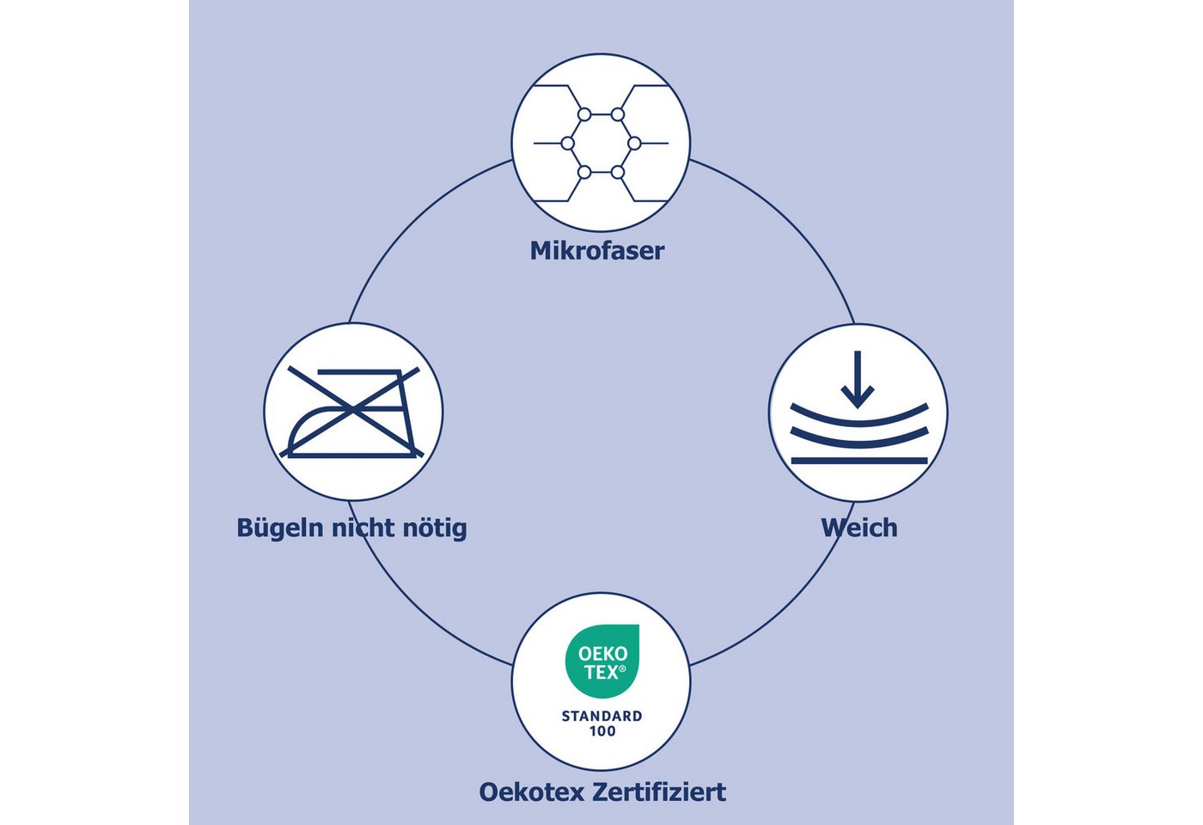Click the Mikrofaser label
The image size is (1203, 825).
pyautogui.click(x=597, y=251)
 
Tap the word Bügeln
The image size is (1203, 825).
pyautogui.click(x=280, y=529)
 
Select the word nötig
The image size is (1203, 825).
pyautogui.click(x=435, y=529)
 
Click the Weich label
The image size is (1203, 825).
pyautogui.click(x=859, y=528)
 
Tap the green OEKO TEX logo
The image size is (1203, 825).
pyautogui.click(x=602, y=661)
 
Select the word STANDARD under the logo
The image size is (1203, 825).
pyautogui.click(x=602, y=716)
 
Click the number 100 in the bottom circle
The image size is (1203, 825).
pyautogui.click(x=602, y=731)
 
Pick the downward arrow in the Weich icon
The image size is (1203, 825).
pyautogui.click(x=858, y=379)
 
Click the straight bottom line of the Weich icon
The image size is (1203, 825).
pyautogui.click(x=859, y=461)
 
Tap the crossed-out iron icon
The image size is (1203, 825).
pyautogui.click(x=351, y=412)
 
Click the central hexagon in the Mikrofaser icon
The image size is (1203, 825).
pyautogui.click(x=601, y=144)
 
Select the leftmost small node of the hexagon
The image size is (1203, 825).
pyautogui.click(x=568, y=144)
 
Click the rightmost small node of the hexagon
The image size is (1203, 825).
pyautogui.click(x=634, y=144)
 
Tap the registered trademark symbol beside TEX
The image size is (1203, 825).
pyautogui.click(x=622, y=669)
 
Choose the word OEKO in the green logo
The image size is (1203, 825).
pyautogui.click(x=602, y=654)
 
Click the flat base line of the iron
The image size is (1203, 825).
pyautogui.click(x=351, y=455)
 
